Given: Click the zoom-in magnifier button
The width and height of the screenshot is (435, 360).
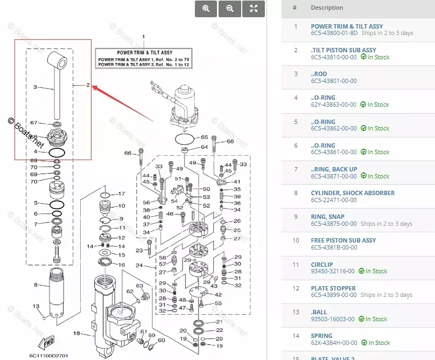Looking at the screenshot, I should [206, 9].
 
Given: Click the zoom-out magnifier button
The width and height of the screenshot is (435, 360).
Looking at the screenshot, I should [230, 9].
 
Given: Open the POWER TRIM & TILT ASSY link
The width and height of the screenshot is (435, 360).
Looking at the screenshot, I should [347, 26].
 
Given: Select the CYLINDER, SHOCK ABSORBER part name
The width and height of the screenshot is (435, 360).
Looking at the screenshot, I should [353, 193].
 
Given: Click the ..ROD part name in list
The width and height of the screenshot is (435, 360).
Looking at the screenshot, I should [319, 74].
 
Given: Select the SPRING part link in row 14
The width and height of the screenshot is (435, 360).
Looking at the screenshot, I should [322, 336].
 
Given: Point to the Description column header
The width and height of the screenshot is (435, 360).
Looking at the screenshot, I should [327, 8].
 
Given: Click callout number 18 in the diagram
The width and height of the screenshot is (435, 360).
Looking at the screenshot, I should [76, 334].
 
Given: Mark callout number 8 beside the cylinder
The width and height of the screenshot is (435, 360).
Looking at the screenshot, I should [36, 285].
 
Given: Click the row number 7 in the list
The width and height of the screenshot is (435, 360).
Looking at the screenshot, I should [295, 169].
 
